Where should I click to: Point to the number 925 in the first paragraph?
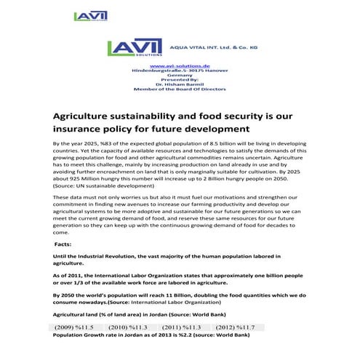pyautogui.click(x=82, y=179)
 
